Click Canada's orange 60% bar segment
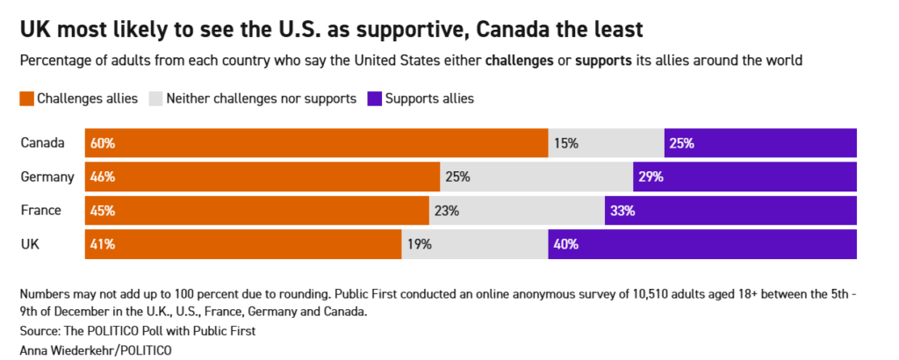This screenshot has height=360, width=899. [316, 143]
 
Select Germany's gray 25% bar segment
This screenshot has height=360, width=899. [536, 176]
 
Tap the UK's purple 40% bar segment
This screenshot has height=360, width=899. [702, 245]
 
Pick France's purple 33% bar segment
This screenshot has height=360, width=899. [730, 211]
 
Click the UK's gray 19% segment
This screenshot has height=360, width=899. [475, 245]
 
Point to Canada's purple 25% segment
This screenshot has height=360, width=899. [760, 143]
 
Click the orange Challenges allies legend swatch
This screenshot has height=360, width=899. [26, 98]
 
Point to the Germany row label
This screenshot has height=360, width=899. [47, 176]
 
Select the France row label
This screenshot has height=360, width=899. [40, 211]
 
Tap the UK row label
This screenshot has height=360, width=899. [30, 245]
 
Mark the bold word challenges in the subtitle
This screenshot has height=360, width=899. [519, 61]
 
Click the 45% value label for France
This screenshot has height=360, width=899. [102, 211]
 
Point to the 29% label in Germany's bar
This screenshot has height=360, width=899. [651, 176]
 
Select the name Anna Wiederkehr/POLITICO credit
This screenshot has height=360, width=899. [96, 349]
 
